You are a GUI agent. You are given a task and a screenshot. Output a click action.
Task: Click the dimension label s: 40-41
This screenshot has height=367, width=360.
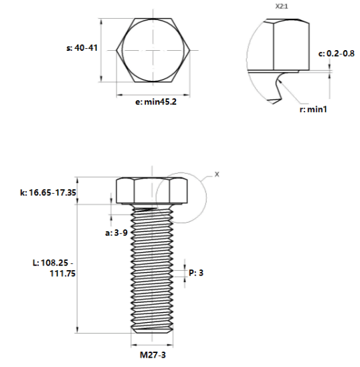(82, 48)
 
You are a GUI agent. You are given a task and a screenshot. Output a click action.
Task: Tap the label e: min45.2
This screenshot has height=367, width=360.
(156, 102)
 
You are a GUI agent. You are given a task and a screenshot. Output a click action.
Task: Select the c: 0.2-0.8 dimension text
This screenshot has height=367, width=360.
(337, 53)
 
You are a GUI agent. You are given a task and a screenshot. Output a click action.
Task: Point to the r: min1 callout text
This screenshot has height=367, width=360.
(313, 110)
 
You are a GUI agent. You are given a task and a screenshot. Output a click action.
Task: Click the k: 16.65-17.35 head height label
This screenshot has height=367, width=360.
(48, 193)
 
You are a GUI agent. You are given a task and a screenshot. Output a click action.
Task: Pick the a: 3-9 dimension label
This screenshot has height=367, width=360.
(116, 233)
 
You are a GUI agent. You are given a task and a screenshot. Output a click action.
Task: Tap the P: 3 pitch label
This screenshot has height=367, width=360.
(196, 273)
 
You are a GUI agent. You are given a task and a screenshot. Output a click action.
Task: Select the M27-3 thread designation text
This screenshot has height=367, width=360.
(153, 355)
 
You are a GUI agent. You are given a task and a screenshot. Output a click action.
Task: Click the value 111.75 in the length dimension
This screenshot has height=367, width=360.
(62, 273)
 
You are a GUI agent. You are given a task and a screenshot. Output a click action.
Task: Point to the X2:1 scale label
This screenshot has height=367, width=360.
(282, 7)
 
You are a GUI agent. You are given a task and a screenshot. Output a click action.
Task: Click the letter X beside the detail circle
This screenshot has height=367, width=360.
(217, 174)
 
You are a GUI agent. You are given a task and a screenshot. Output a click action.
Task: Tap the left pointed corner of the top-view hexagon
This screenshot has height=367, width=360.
(116, 50)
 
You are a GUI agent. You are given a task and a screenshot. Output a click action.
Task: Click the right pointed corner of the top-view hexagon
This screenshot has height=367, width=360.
(190, 50)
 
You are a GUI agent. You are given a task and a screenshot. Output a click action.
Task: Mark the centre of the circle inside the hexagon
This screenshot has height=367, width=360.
(153, 50)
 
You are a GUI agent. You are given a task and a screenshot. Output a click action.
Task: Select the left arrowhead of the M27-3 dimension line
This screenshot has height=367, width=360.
(134, 345)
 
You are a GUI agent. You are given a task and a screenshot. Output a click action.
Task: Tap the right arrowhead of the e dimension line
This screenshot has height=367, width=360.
(187, 95)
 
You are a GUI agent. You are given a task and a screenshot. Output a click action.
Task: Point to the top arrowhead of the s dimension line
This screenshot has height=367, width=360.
(102, 22)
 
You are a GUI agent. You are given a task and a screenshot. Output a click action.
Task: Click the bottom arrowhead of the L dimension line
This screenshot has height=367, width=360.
(78, 330)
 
